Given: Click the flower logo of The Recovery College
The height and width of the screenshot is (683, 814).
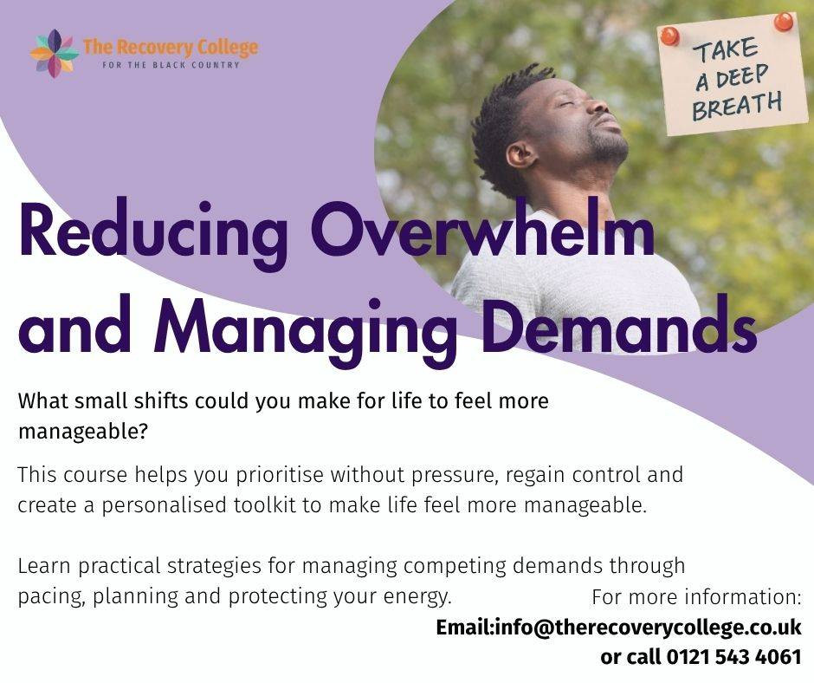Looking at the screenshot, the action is click(54, 54).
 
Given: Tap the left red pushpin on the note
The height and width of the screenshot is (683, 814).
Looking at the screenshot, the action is click(669, 36).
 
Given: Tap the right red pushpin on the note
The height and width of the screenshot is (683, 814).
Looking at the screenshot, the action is click(783, 22).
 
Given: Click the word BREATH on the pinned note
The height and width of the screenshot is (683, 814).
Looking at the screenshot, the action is click(737, 106).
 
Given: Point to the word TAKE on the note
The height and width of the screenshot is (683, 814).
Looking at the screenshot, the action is click(727, 50).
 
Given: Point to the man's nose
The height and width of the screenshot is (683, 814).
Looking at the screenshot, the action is click(600, 107).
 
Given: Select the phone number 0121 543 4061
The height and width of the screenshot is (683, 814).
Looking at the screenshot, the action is click(734, 657).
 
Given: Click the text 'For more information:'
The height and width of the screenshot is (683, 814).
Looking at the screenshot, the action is click(697, 597).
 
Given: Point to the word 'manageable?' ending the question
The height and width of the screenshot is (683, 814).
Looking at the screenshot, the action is click(83, 432).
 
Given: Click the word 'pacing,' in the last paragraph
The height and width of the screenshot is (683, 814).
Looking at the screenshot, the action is click(51, 596).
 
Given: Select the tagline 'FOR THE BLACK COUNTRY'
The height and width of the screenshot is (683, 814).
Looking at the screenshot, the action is click(171, 65).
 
